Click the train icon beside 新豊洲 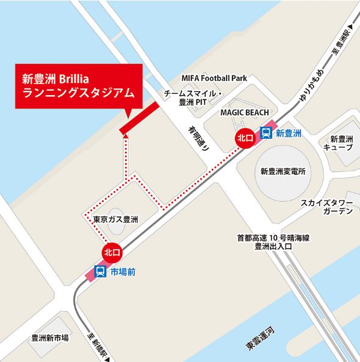[267, 132]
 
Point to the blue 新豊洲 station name [287, 132]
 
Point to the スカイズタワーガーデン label [326, 207]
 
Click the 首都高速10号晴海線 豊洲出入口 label [268, 242]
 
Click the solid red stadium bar [140, 117]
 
